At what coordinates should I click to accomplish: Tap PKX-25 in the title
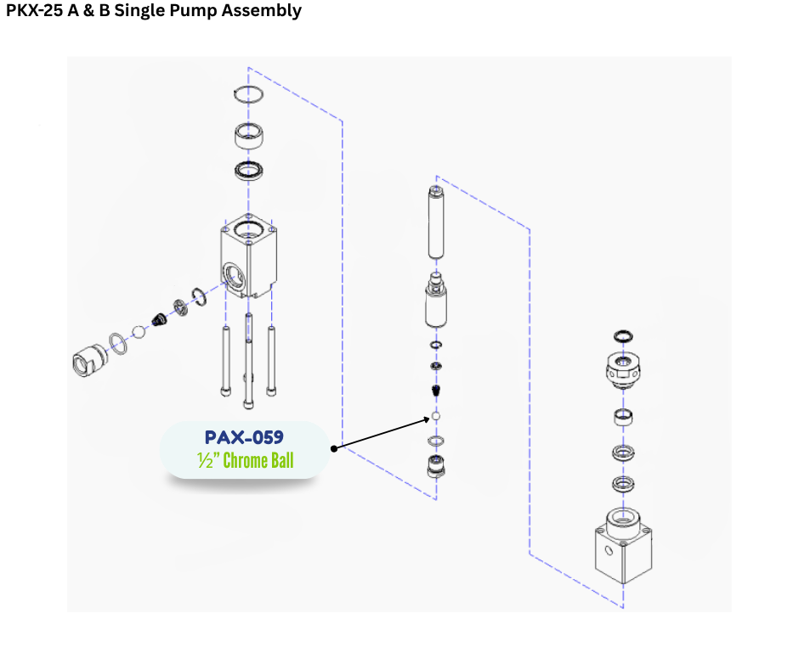[x=35, y=11]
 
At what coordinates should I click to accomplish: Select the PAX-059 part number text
[x=244, y=438]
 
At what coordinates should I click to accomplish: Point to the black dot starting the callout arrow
[x=335, y=447]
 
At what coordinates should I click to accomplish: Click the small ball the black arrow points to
[x=435, y=418]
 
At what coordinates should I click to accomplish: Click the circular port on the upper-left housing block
[x=233, y=274]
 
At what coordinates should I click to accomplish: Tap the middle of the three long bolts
[x=248, y=360]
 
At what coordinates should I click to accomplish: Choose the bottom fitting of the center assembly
[x=436, y=467]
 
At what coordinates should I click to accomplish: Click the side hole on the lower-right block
[x=609, y=551]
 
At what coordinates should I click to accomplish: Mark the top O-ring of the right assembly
[x=623, y=337]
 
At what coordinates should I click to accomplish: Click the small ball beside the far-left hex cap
[x=140, y=332]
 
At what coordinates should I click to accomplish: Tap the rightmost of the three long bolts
[x=272, y=360]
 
